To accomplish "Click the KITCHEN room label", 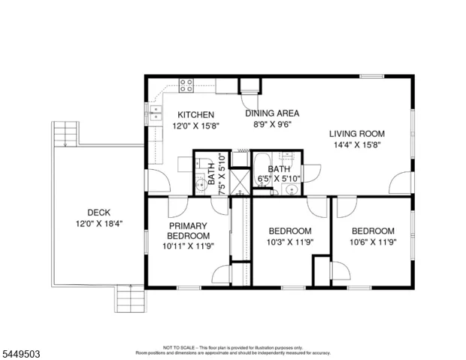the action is tap(195, 115).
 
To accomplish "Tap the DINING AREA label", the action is tap(272, 113).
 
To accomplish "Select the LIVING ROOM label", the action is tap(356, 134).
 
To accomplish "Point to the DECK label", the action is tap(99, 213).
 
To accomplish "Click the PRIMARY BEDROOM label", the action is tap(188, 231).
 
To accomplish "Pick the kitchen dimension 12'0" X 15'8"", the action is tap(196, 126).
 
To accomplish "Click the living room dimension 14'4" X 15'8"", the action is tap(357, 145).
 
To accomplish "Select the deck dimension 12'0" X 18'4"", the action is tap(99, 223).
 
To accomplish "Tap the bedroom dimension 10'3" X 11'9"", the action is tap(290, 242).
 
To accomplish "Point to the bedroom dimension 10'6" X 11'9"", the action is tap(373, 242).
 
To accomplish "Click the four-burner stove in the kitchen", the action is tap(186, 86).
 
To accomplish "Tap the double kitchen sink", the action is tap(155, 113).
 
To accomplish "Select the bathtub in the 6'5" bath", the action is tap(262, 169).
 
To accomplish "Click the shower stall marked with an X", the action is tap(240, 182).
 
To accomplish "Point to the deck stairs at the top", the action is tap(65, 134).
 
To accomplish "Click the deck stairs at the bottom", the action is tap(131, 298).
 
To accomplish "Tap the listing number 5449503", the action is tap(21, 354).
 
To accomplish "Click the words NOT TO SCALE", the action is tap(179, 347).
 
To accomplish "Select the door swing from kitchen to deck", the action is tap(159, 180).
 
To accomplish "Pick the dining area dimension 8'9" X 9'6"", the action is tap(272, 124).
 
